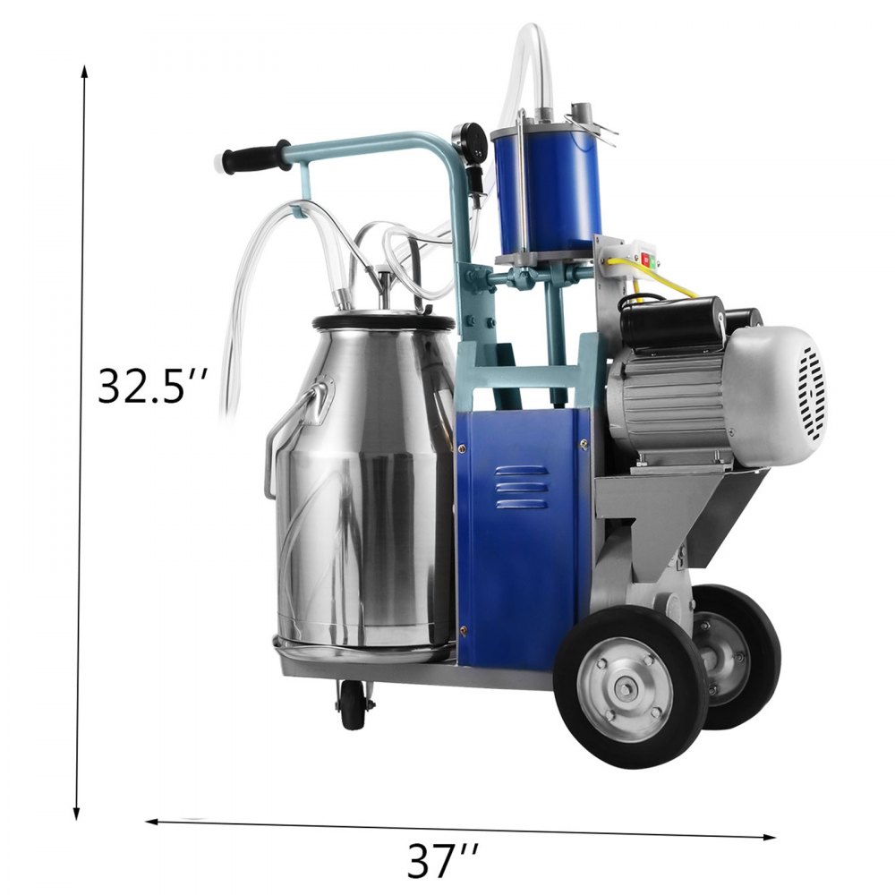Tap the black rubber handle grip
[252, 158]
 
